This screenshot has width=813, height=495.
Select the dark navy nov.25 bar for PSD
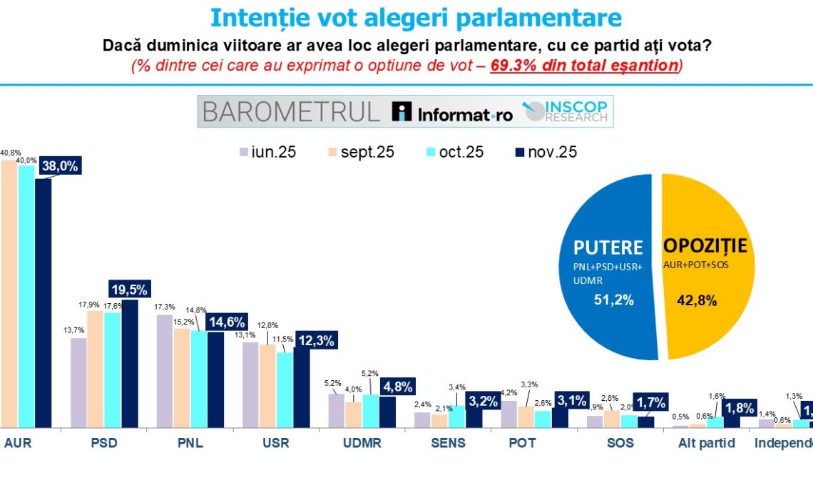click(130, 364)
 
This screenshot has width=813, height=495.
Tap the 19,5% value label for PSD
click(130, 289)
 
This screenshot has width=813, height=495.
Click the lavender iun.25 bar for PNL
click(165, 371)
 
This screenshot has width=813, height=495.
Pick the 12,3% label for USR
click(315, 341)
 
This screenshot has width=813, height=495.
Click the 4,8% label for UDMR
click(399, 387)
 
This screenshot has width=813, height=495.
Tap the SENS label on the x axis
click(449, 443)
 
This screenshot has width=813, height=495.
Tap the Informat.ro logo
click(454, 112)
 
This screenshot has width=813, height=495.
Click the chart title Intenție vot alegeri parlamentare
click(416, 17)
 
